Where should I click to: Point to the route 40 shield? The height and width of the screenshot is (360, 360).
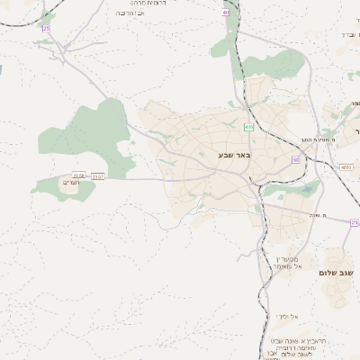226,13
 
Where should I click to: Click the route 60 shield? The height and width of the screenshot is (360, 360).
295,159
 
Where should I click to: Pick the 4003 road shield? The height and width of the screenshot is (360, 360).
346,166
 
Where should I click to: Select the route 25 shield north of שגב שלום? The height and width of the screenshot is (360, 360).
354,221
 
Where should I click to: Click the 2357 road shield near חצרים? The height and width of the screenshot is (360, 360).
97,176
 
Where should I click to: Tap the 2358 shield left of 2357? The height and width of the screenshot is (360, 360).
79,176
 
